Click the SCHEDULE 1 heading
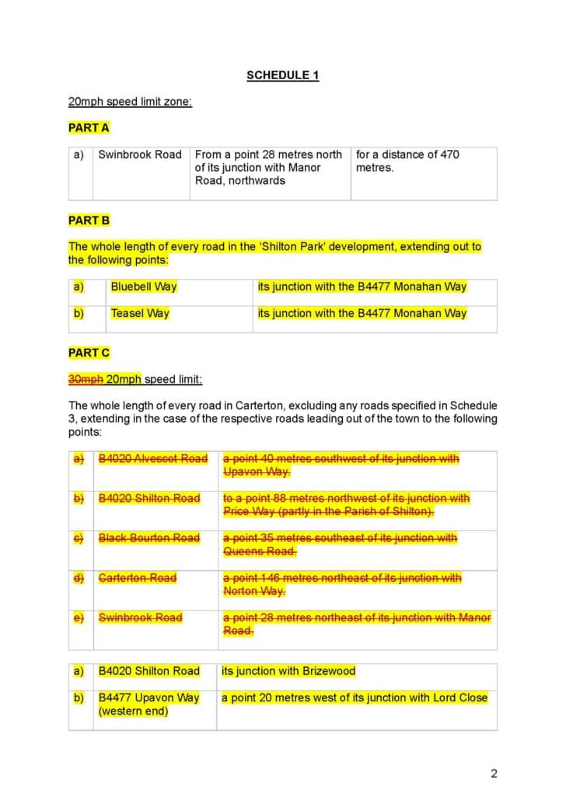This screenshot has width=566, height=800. point(282,75)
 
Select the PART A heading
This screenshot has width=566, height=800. point(89,127)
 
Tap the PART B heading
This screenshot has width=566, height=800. point(89,221)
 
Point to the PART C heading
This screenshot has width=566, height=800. point(89,353)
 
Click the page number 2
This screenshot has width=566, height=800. point(494,773)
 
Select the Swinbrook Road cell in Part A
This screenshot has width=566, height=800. point(140,155)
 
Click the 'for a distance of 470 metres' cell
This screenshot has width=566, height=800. point(407,161)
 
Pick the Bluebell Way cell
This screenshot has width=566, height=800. point(144,287)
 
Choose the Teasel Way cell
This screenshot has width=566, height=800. point(140,314)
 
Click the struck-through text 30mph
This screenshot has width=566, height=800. point(86,380)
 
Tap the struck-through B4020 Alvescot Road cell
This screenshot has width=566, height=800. point(153,459)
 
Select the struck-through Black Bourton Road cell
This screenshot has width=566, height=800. point(149,538)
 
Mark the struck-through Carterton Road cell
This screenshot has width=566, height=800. point(138,578)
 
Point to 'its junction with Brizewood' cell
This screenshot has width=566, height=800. point(288,671)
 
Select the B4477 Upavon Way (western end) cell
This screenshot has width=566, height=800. point(148,704)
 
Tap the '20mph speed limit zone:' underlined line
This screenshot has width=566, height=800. point(130,102)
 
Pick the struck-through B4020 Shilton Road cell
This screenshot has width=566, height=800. point(149,499)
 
